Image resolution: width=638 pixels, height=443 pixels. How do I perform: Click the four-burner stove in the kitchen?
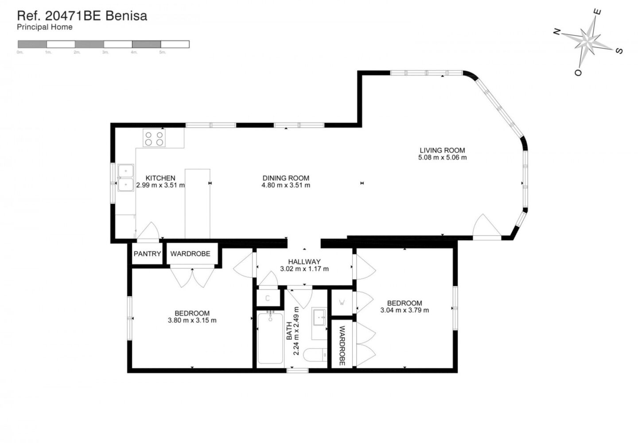point(154,139)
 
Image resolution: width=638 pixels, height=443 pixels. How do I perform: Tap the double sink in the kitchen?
point(126,178)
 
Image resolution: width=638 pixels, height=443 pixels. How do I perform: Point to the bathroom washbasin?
point(319,317)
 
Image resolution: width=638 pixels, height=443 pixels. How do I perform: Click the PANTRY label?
point(147,254)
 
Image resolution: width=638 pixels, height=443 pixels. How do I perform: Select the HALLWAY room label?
point(304,262)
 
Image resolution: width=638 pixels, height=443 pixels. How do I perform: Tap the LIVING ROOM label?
point(442,150)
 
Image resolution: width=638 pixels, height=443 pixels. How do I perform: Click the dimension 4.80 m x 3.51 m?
point(286,185)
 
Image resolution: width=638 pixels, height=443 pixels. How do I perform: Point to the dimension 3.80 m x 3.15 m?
point(192,320)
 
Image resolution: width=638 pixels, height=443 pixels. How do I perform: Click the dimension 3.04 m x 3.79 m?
point(405,310)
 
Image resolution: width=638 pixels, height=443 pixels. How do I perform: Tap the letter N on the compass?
point(557,31)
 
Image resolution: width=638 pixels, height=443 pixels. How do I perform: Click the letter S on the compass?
point(619,51)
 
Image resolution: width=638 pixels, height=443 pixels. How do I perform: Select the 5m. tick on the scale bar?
point(163,52)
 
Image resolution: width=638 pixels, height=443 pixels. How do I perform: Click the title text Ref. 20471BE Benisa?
point(82,16)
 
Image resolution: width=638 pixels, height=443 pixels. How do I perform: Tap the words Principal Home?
point(44,27)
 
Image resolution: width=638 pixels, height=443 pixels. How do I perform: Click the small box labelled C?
point(268,298)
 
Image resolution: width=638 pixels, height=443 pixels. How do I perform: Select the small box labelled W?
point(342,303)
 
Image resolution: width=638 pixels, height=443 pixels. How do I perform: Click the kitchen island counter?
point(197,203)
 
